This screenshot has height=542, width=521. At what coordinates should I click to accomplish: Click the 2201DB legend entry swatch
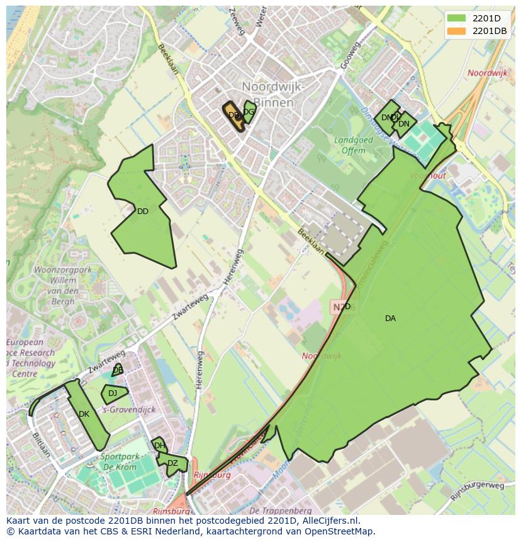[457, 30]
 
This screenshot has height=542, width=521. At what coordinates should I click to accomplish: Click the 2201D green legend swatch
[457, 18]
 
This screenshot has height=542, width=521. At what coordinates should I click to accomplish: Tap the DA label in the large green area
[390, 319]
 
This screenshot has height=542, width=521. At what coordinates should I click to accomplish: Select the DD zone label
[143, 212]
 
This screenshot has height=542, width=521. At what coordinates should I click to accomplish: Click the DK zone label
[84, 414]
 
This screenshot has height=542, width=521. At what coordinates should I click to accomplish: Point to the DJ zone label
[113, 393]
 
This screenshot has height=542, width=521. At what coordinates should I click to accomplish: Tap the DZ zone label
[172, 464]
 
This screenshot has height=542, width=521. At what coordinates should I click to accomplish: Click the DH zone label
[159, 446]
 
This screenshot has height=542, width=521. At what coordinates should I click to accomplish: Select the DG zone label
[249, 112]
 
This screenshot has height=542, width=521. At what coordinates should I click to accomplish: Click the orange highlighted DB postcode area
[233, 116]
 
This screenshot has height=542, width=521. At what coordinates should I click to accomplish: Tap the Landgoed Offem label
[353, 145]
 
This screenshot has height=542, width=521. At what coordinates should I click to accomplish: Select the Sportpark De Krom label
[120, 461]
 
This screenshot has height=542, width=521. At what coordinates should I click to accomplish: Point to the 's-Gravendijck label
[128, 410]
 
